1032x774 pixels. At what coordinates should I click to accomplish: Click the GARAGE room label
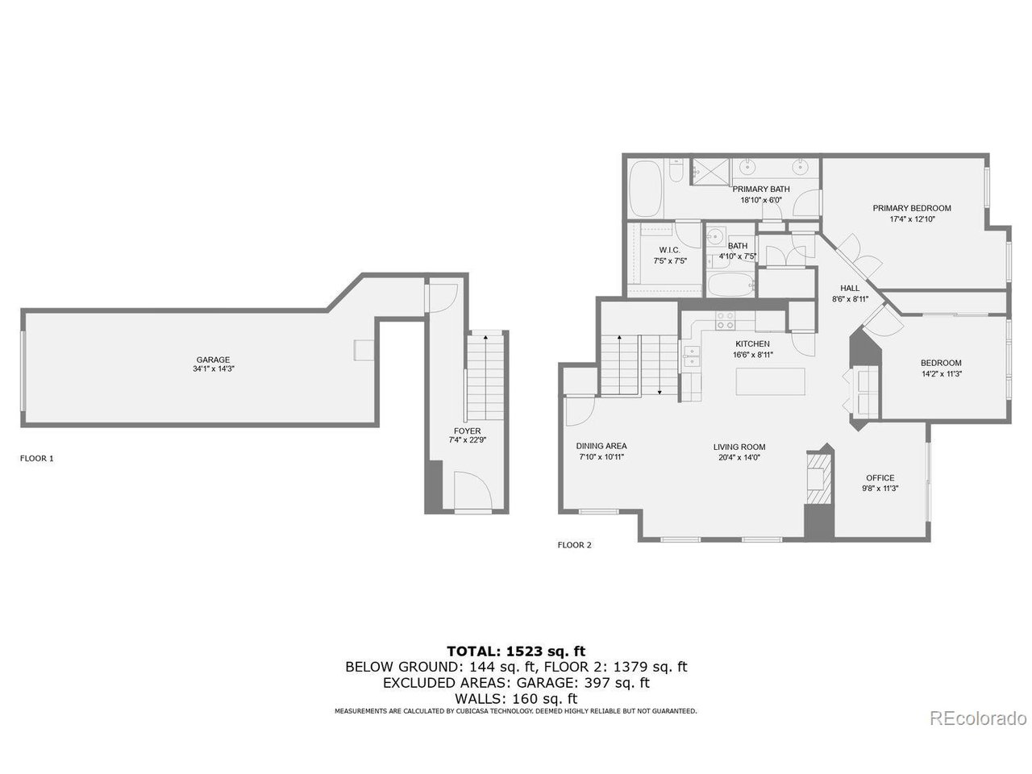[x=213, y=360]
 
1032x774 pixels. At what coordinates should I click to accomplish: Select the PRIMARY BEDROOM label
[x=911, y=208]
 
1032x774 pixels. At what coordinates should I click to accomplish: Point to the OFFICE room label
[x=880, y=477]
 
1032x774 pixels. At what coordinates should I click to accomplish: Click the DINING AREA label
[x=601, y=446]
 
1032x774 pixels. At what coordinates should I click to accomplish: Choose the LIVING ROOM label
[x=739, y=447]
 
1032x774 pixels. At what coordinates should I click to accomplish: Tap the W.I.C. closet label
[x=669, y=250]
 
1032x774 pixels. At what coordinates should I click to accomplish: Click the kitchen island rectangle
[x=770, y=381]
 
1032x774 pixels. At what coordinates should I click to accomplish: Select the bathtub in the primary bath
[x=645, y=189]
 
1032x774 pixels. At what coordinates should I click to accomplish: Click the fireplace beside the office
[x=817, y=481]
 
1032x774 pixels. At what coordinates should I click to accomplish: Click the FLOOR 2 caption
[x=574, y=545]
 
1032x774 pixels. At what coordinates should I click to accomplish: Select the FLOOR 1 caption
[x=36, y=458]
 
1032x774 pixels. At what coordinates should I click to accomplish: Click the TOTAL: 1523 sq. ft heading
[x=516, y=651]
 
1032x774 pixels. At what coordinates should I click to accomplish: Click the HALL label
[x=850, y=288]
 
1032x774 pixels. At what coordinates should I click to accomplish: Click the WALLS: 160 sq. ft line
[x=516, y=698]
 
